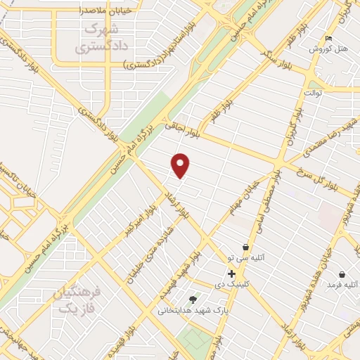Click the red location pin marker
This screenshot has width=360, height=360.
181,165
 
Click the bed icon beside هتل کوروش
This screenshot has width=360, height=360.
329,39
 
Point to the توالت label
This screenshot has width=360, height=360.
312,92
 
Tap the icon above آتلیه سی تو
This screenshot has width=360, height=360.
245,247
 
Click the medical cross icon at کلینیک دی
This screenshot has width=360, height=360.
231,274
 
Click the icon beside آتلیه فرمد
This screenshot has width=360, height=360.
342,274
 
